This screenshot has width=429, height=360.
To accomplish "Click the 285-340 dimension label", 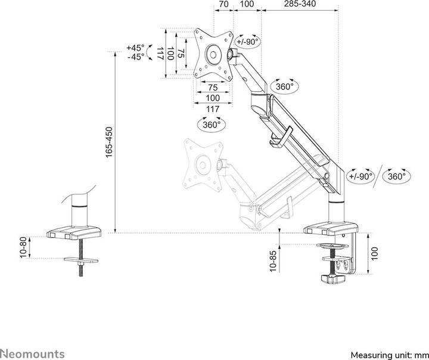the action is click(300, 4).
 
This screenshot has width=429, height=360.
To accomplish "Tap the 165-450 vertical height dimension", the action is click(109, 142).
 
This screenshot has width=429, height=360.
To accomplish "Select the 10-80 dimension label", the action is click(23, 247).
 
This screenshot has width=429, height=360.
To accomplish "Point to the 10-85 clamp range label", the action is click(273, 261).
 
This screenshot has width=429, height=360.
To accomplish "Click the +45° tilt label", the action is click(135, 48).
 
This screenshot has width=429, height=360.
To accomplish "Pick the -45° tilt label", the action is click(135, 57).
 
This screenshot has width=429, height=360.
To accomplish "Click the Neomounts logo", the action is click(32, 353).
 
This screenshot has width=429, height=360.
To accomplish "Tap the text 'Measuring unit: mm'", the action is click(390, 355).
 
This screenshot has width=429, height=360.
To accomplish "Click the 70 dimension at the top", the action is click(224, 4).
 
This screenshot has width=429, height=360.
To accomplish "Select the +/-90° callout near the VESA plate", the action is click(247, 41).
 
